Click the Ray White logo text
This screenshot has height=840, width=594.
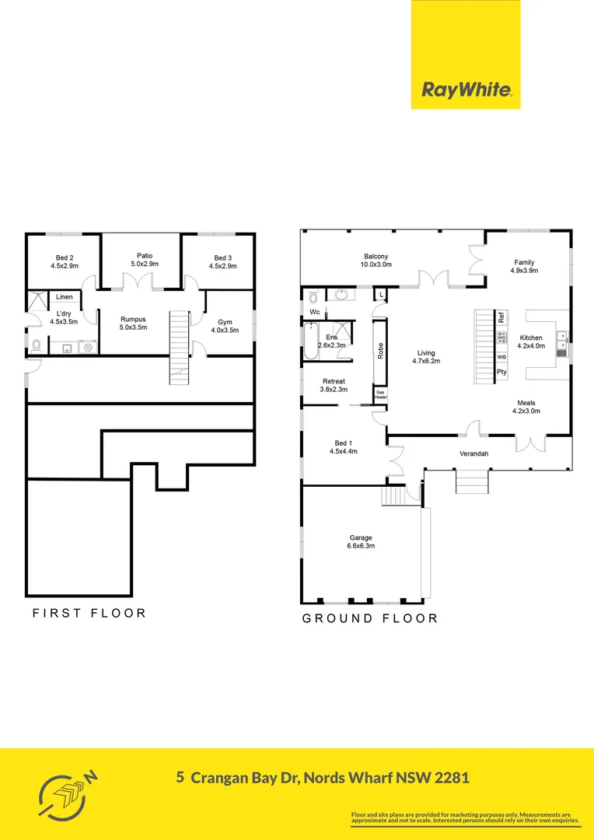pyautogui.click(x=466, y=89)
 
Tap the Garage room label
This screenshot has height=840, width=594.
pyautogui.click(x=361, y=541)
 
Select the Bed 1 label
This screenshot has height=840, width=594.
pyautogui.click(x=343, y=446)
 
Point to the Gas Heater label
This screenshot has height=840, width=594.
pyautogui.click(x=380, y=394)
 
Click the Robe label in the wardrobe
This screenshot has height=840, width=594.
pyautogui.click(x=380, y=351)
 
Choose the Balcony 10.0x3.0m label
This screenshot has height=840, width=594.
pyautogui.click(x=376, y=261)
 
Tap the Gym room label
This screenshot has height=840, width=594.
pyautogui.click(x=225, y=325)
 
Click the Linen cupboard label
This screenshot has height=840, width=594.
pyautogui.click(x=65, y=297)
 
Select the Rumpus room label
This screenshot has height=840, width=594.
pyautogui.click(x=134, y=323)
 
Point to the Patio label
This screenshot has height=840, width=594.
pyautogui.click(x=144, y=260)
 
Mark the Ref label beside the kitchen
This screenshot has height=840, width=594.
pyautogui.click(x=501, y=317)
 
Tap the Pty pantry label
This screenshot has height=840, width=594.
pyautogui.click(x=501, y=373)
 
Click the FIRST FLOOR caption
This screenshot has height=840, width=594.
pyautogui.click(x=89, y=613)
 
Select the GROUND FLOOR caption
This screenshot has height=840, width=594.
pyautogui.click(x=369, y=618)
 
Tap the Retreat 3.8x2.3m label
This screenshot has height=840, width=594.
pyautogui.click(x=334, y=386)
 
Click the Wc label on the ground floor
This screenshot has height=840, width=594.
pyautogui.click(x=315, y=312)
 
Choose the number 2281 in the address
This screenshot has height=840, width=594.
pyautogui.click(x=449, y=777)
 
